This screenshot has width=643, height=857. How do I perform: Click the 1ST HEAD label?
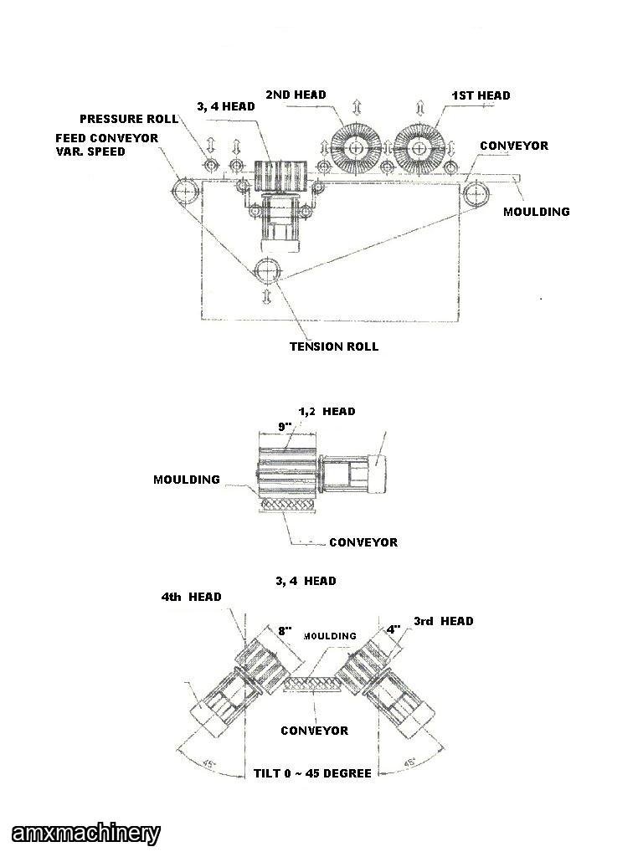[481, 95]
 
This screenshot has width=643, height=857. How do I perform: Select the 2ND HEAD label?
[296, 95]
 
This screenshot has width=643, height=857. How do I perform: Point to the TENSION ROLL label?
[334, 346]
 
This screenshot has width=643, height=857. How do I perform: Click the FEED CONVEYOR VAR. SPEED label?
[106, 144]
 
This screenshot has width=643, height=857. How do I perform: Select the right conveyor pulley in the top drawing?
[476, 193]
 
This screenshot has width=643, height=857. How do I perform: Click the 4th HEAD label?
[192, 597]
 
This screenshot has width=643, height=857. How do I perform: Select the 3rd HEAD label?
[444, 621]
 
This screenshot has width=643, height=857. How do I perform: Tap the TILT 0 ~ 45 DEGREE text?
[312, 773]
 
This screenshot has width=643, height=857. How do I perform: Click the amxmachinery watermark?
[81, 834]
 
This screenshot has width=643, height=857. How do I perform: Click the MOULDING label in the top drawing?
[536, 212]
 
